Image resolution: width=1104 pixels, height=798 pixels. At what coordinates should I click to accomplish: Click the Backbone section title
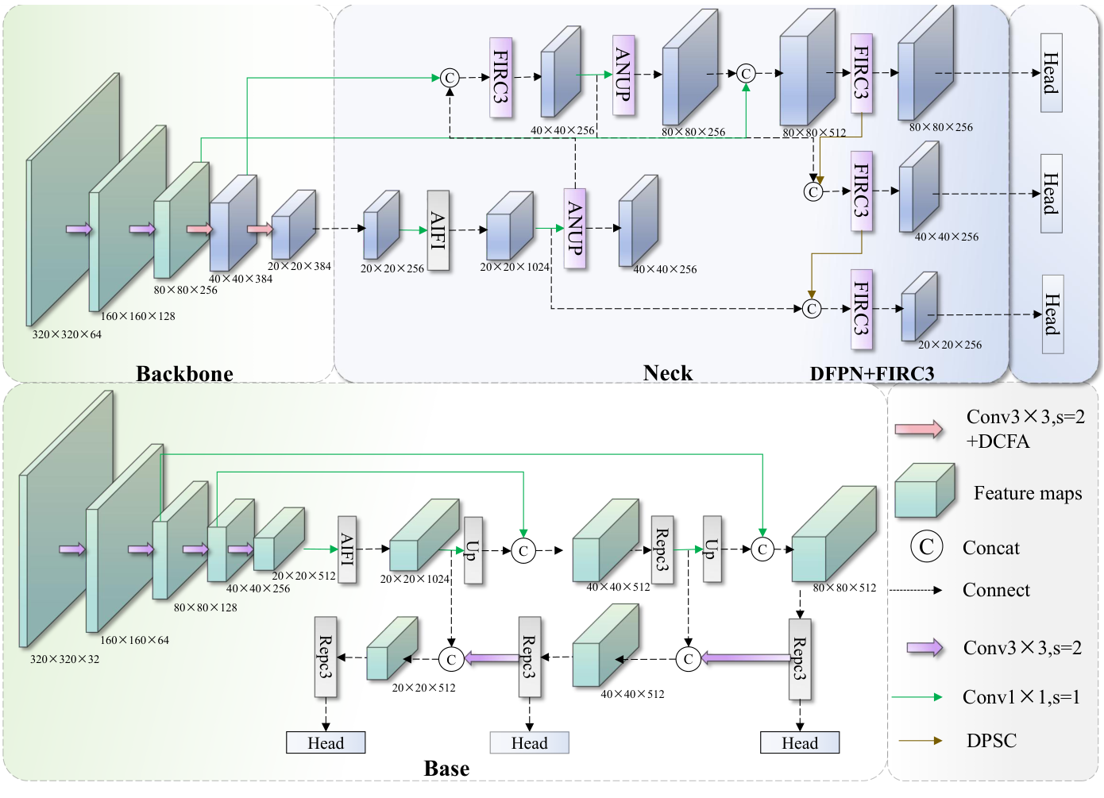(x=184, y=374)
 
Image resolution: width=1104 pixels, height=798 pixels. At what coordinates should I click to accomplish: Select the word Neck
(x=667, y=373)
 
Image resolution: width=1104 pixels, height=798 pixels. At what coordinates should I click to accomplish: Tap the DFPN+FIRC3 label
(x=871, y=374)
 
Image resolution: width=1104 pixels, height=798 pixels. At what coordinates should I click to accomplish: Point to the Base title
(x=446, y=769)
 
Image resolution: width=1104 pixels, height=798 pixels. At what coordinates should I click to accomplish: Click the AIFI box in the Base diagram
(x=347, y=549)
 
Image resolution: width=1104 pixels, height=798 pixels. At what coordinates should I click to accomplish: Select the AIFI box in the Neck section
(x=438, y=230)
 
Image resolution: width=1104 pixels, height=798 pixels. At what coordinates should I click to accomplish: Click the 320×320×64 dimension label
(x=67, y=334)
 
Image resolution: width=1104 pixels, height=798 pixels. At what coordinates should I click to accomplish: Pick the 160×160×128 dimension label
(x=137, y=316)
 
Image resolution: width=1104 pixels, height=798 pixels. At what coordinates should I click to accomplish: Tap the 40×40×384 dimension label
(x=240, y=279)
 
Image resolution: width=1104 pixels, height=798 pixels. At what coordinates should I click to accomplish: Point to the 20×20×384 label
(x=299, y=266)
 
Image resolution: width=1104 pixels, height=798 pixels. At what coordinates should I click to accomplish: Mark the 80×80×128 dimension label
(x=205, y=607)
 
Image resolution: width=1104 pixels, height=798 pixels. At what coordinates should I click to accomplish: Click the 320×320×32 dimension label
(x=64, y=659)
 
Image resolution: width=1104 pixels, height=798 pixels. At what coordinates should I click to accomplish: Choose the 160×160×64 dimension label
(x=134, y=640)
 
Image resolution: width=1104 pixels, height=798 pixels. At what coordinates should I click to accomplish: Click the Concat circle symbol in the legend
(x=926, y=547)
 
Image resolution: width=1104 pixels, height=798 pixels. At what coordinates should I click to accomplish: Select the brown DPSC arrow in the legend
(x=921, y=741)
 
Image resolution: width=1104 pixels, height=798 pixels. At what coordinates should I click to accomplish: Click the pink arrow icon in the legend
(x=918, y=430)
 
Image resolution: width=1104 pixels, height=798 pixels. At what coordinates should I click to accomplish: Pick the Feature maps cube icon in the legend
(x=925, y=490)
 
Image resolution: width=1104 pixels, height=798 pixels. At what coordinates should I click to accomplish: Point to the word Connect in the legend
(x=996, y=590)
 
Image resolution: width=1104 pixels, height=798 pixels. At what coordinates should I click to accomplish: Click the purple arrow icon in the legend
(x=925, y=648)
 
